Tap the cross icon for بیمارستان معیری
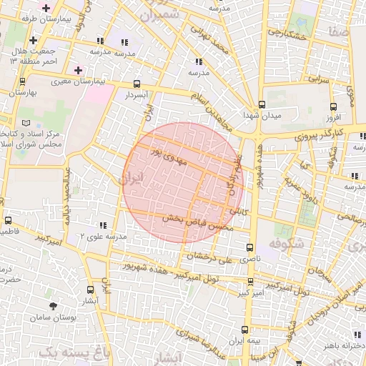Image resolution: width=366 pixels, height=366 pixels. pyautogui.click(x=78, y=70)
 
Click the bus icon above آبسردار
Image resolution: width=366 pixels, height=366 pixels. pyautogui.click(x=137, y=83)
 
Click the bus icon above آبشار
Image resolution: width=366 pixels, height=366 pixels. pyautogui.click(x=90, y=290)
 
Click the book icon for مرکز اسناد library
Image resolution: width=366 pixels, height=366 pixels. pyautogui.click(x=26, y=123)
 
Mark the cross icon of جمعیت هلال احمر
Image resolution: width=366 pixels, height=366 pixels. pyautogui.click(x=34, y=39)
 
